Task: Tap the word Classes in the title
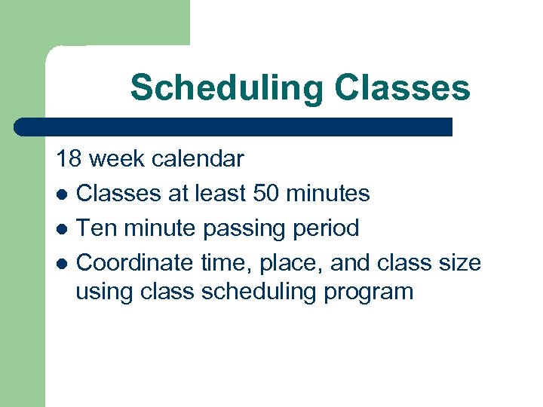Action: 403,87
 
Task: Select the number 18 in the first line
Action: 69,159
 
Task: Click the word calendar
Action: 198,159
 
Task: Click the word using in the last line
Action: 105,291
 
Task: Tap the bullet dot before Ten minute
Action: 63,228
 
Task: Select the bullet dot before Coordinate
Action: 63,262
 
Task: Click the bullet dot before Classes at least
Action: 63,194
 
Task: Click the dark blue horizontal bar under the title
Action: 234,127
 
